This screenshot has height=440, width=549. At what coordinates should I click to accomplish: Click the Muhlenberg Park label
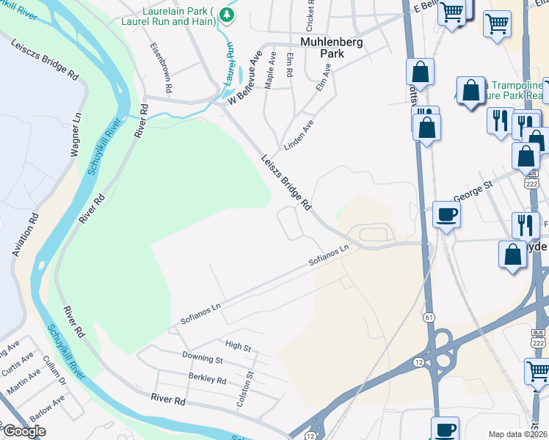coord(332,48)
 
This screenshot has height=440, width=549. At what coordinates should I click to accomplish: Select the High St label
coord(238,345)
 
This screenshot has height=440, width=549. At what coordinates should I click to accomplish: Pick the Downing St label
coord(203,358)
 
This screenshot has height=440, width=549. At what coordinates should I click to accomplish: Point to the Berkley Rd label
coord(206,378)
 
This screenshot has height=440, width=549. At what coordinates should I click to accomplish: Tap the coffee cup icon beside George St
coord(446,214)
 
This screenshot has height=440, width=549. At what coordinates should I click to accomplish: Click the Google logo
coord(23,431)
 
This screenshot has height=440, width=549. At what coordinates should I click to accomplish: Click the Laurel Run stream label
coord(229,62)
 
